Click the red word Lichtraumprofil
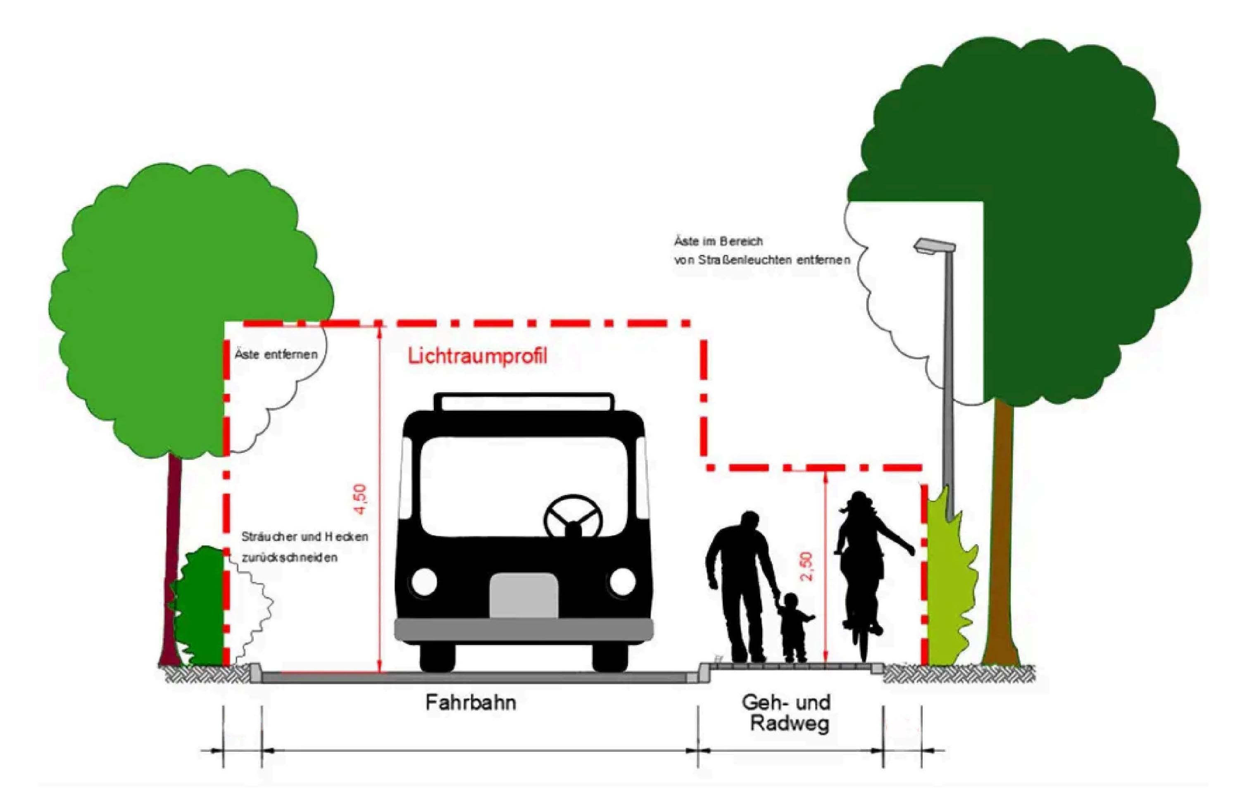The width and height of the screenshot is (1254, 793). [477, 357]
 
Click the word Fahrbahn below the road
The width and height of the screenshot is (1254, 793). [471, 703]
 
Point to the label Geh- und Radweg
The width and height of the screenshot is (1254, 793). [787, 713]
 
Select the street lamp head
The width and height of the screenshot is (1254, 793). [935, 246]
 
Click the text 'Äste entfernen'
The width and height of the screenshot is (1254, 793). [276, 355]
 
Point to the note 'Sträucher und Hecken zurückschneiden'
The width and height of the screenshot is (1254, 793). [305, 547]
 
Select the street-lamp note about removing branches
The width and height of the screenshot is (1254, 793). [762, 250]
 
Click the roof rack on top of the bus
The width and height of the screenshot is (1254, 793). [523, 402]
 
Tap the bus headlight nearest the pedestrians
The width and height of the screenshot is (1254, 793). [622, 581]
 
